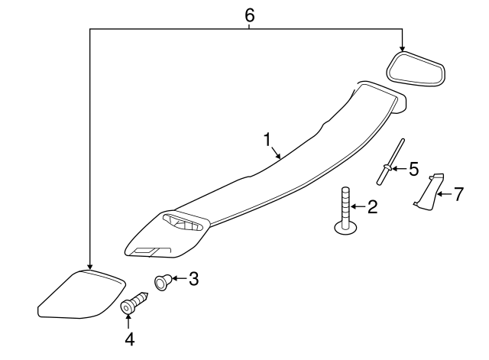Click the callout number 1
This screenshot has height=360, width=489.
pos(267,139)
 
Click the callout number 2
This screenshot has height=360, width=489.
pos(372,206)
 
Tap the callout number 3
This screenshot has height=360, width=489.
pos(193,279)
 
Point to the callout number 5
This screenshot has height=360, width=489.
pos(414,167)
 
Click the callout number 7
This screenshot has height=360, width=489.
pos(458,194)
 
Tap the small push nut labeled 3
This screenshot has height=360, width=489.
pos(163,283)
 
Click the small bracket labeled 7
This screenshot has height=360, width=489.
pos(428,191)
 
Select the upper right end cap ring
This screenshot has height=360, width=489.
pos(416,71)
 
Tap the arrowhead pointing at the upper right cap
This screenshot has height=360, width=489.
pos(402,48)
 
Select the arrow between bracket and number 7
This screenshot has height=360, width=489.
pos(443,194)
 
